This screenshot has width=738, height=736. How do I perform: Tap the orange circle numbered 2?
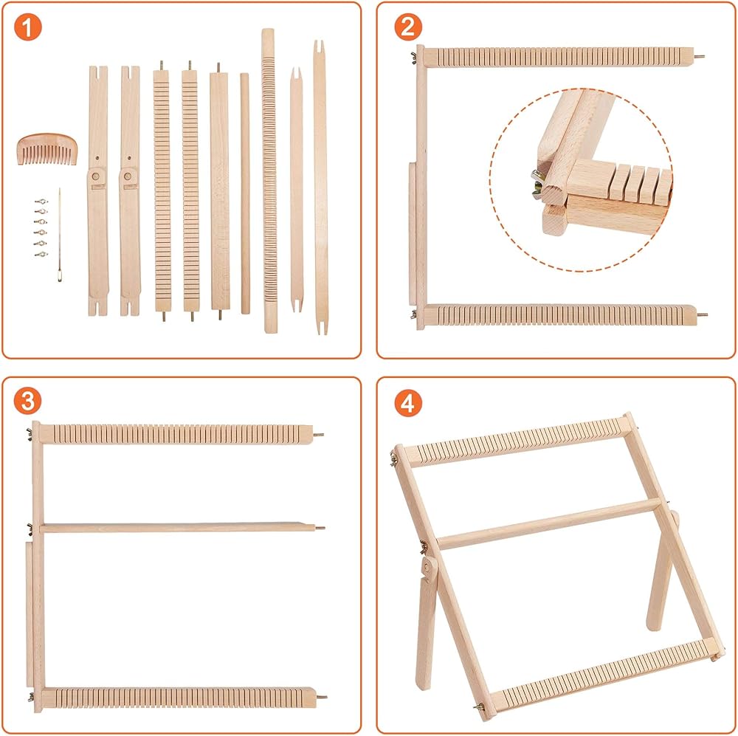[x=408, y=27]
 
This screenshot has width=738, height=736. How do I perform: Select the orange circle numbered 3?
[x=28, y=401]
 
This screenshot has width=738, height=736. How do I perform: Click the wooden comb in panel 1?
[x=47, y=149]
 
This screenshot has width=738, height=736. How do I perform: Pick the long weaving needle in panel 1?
[x=60, y=235]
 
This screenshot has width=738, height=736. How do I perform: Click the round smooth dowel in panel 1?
[x=245, y=193]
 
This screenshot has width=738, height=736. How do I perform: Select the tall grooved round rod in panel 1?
[x=269, y=181]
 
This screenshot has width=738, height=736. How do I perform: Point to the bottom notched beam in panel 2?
[x=560, y=315]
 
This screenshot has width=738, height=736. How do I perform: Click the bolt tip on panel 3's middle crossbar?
[x=320, y=528]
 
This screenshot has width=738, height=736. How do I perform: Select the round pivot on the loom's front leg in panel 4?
[x=427, y=567]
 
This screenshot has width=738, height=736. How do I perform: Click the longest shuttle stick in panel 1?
[x=320, y=188]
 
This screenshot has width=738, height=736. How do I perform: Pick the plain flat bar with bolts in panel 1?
[x=219, y=190]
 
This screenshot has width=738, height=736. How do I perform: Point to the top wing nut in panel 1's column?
[x=41, y=202]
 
